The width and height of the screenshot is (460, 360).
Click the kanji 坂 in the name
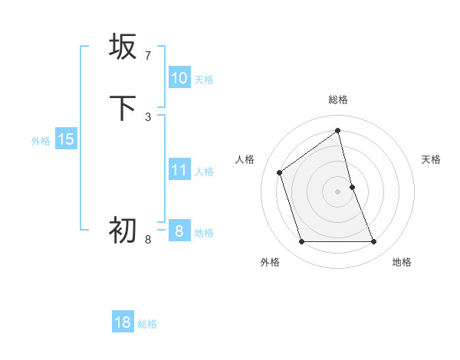point(123,47)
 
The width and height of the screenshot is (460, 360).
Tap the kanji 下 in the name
point(123,108)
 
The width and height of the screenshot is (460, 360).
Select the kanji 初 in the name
point(123,229)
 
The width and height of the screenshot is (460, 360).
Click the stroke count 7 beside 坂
point(148,55)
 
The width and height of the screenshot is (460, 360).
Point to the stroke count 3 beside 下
point(148,116)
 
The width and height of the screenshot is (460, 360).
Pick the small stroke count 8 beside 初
point(148,239)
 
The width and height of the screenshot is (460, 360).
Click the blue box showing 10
point(179,78)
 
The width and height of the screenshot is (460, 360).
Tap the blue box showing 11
point(179,170)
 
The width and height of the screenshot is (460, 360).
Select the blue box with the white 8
point(179,231)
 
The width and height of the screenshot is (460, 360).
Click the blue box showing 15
point(65,139)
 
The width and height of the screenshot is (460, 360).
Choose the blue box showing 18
point(123,322)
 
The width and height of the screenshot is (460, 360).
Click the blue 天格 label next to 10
point(204,80)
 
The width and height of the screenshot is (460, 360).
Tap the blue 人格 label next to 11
point(204,172)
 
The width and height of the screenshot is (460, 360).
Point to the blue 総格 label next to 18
point(147,324)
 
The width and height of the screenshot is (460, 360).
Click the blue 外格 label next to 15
point(41,141)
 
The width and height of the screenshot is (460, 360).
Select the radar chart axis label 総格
point(338,100)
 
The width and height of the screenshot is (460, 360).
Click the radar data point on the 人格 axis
point(280,172)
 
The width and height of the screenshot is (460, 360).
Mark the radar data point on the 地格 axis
point(374,242)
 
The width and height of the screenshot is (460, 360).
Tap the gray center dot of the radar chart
point(338,191)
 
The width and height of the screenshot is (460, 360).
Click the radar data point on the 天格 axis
point(352,187)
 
